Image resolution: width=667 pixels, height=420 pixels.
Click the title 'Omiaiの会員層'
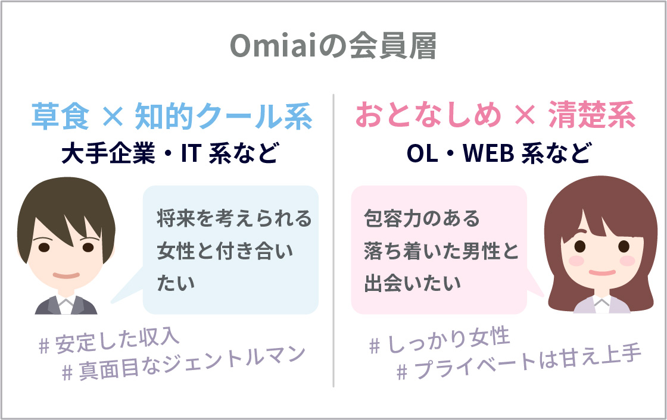click(333, 46)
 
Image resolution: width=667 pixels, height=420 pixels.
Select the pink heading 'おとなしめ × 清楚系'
click(495, 115)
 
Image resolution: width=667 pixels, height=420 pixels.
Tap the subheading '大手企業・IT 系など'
click(170, 153)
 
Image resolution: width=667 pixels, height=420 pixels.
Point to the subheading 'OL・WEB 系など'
click(499, 153)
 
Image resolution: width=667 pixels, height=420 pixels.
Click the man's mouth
click(66, 275)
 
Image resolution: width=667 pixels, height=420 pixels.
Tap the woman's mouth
click(601, 272)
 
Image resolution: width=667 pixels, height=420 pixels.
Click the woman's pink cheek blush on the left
click(576, 261)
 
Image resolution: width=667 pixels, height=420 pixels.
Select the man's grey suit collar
click(66, 305)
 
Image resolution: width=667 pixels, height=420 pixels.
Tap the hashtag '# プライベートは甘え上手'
click(519, 363)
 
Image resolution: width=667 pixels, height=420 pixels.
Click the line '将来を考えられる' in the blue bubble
click(235, 218)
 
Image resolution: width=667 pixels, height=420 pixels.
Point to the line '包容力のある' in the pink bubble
click(422, 218)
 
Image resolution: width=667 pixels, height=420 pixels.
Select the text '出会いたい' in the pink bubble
click(412, 283)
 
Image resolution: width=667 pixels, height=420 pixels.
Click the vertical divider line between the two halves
click(333, 240)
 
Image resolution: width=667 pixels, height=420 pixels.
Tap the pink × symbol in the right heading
click(525, 115)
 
